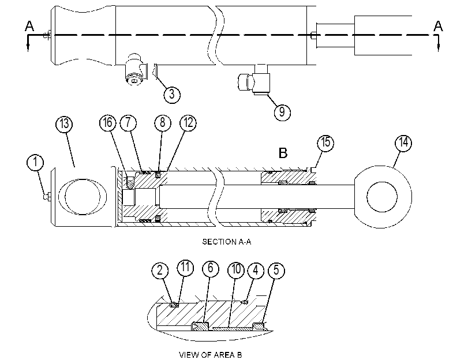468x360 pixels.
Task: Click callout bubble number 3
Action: coord(172,95)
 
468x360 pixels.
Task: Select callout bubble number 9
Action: coord(282,112)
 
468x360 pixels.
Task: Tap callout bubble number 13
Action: coord(64,124)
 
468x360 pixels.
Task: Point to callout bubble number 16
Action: coord(108,123)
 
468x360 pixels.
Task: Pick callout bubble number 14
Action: coord(403,142)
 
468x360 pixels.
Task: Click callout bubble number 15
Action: coord(325,142)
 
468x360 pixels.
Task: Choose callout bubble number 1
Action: coord(35,162)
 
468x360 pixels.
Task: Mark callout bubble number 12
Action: coord(188,123)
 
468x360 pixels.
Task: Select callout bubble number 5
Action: coord(276,271)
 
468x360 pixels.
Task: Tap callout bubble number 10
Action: coord(236,269)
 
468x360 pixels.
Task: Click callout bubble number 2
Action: coord(160,271)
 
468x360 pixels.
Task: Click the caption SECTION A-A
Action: coord(227,242)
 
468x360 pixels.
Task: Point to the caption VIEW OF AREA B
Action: coord(211,355)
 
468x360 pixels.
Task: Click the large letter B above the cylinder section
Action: coord(283,153)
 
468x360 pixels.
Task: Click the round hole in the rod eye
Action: coord(382,197)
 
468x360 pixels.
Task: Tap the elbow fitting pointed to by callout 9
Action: coord(254,80)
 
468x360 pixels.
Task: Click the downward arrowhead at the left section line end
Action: coord(28,47)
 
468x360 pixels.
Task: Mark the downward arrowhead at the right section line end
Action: coord(438,47)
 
